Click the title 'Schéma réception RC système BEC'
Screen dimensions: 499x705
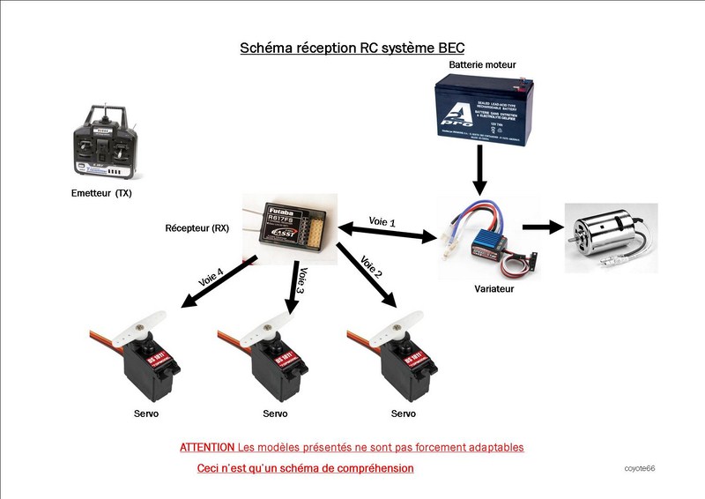(352, 48)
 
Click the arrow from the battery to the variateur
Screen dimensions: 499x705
(479, 169)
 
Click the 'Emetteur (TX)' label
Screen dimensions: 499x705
(107, 191)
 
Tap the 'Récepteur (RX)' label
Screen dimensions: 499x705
(197, 227)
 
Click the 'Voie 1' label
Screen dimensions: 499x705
(382, 221)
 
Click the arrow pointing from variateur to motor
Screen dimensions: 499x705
(542, 227)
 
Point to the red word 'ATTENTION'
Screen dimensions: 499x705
(206, 447)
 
